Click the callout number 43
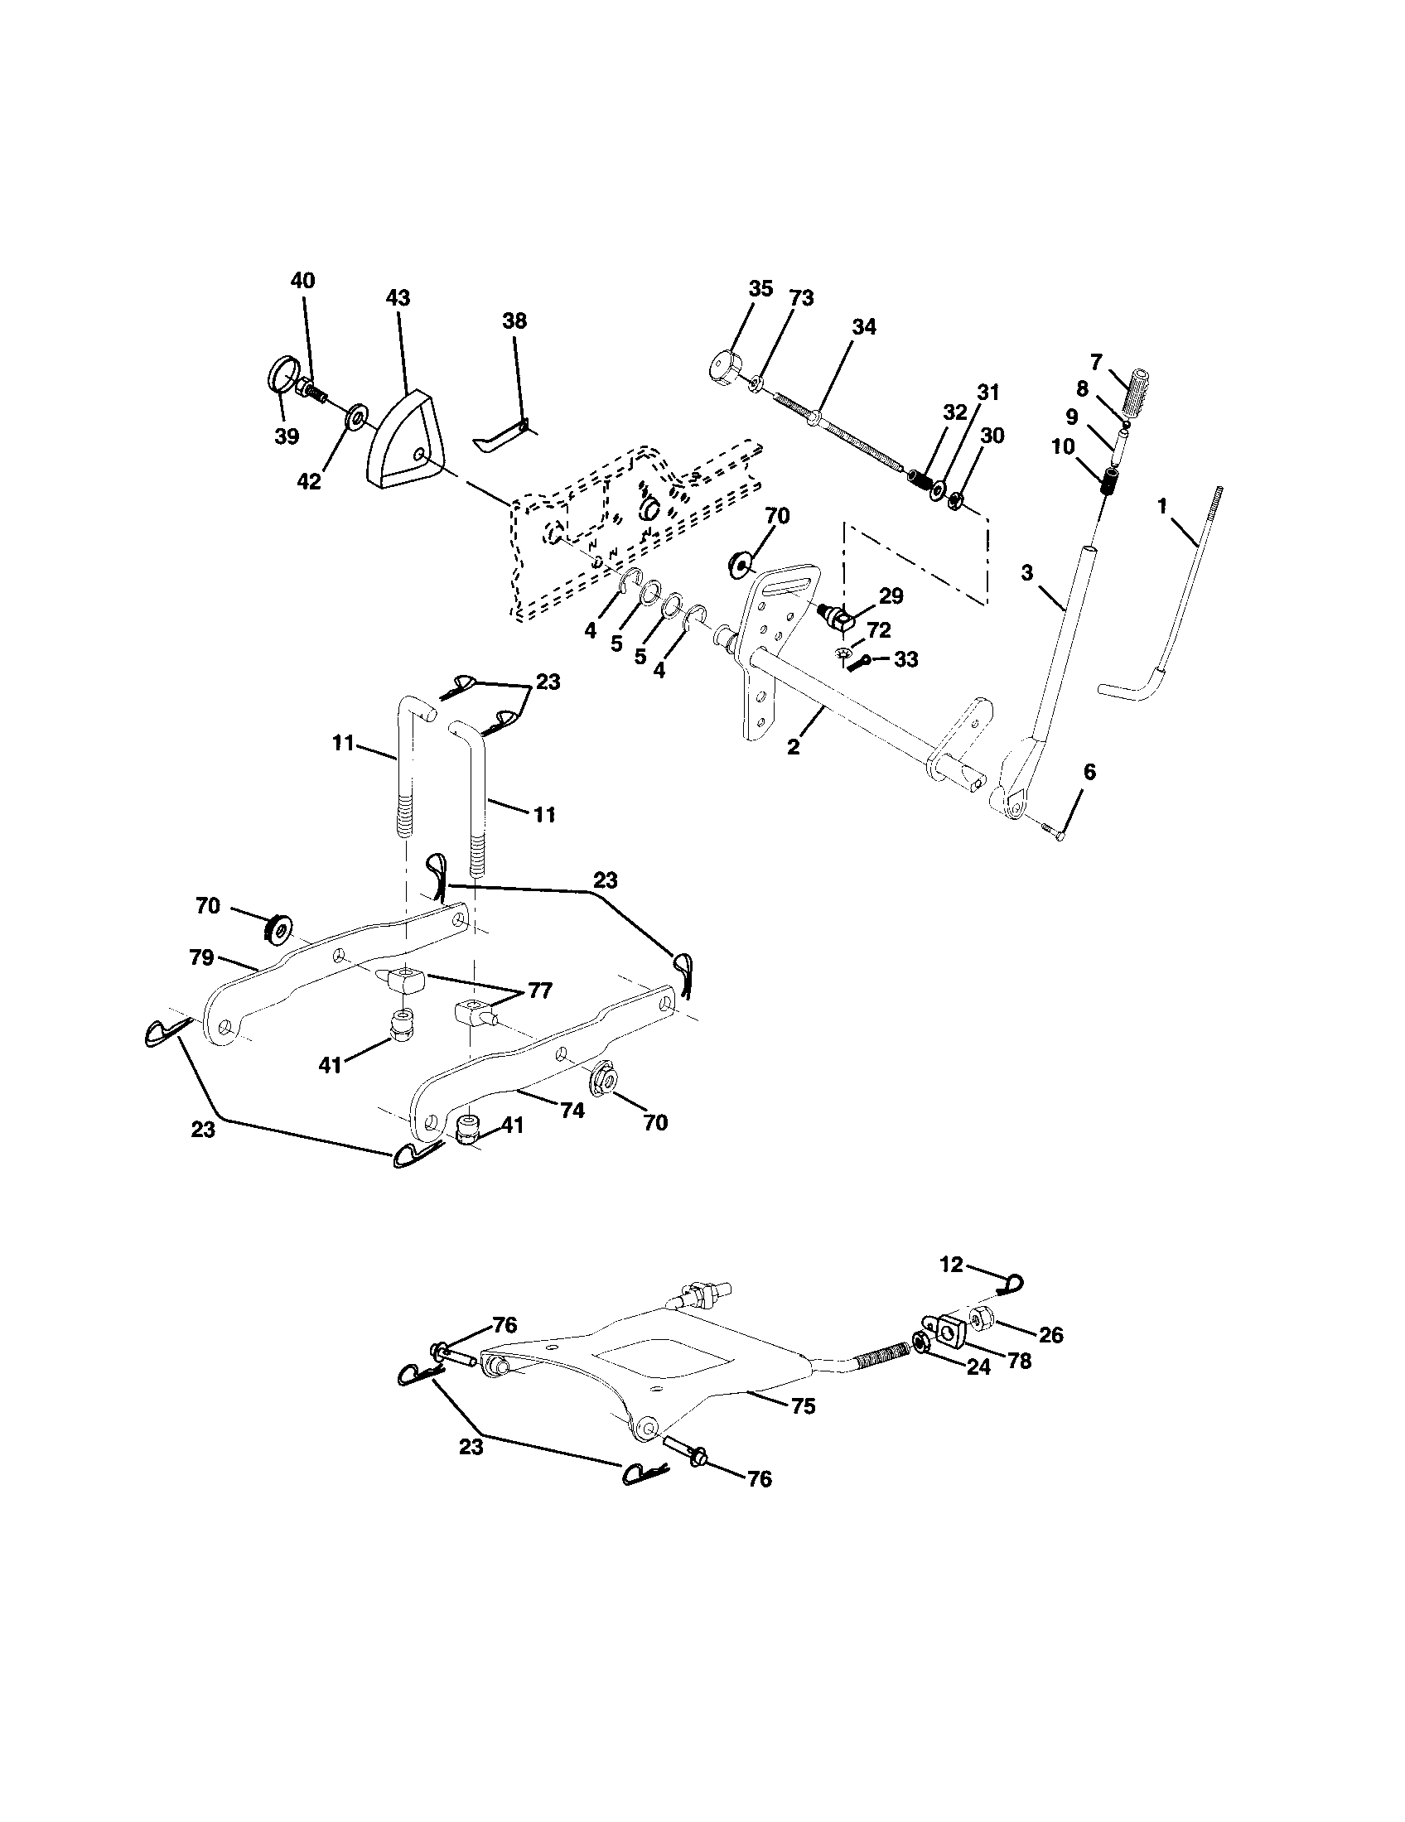coord(398,298)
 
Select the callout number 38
coord(514,321)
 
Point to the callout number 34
coord(863,327)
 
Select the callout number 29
coord(891,595)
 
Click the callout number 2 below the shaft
coord(793,747)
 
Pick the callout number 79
coord(201,957)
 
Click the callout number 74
coord(572,1111)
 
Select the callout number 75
coord(804,1406)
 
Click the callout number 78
coord(1019,1361)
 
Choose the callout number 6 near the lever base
coord(1089,772)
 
